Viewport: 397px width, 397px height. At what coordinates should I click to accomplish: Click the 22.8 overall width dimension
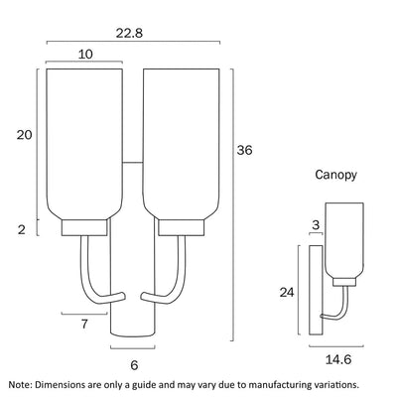[x=129, y=33]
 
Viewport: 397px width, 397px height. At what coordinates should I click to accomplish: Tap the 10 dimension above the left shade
[x=85, y=54]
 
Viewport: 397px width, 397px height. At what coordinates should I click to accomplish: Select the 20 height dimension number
[x=25, y=135]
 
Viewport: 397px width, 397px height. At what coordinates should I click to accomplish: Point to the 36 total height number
[x=244, y=150]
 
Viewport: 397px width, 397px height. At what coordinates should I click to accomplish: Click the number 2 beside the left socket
[x=22, y=229]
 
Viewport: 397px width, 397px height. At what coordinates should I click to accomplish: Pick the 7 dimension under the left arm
[x=84, y=324]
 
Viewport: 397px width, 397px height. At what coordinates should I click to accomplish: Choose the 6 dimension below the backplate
[x=134, y=365]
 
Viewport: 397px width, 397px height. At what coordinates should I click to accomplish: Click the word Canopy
[x=335, y=175]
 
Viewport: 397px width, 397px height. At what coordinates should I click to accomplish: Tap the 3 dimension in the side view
[x=316, y=225]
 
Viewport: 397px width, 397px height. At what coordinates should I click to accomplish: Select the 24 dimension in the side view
[x=287, y=293]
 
